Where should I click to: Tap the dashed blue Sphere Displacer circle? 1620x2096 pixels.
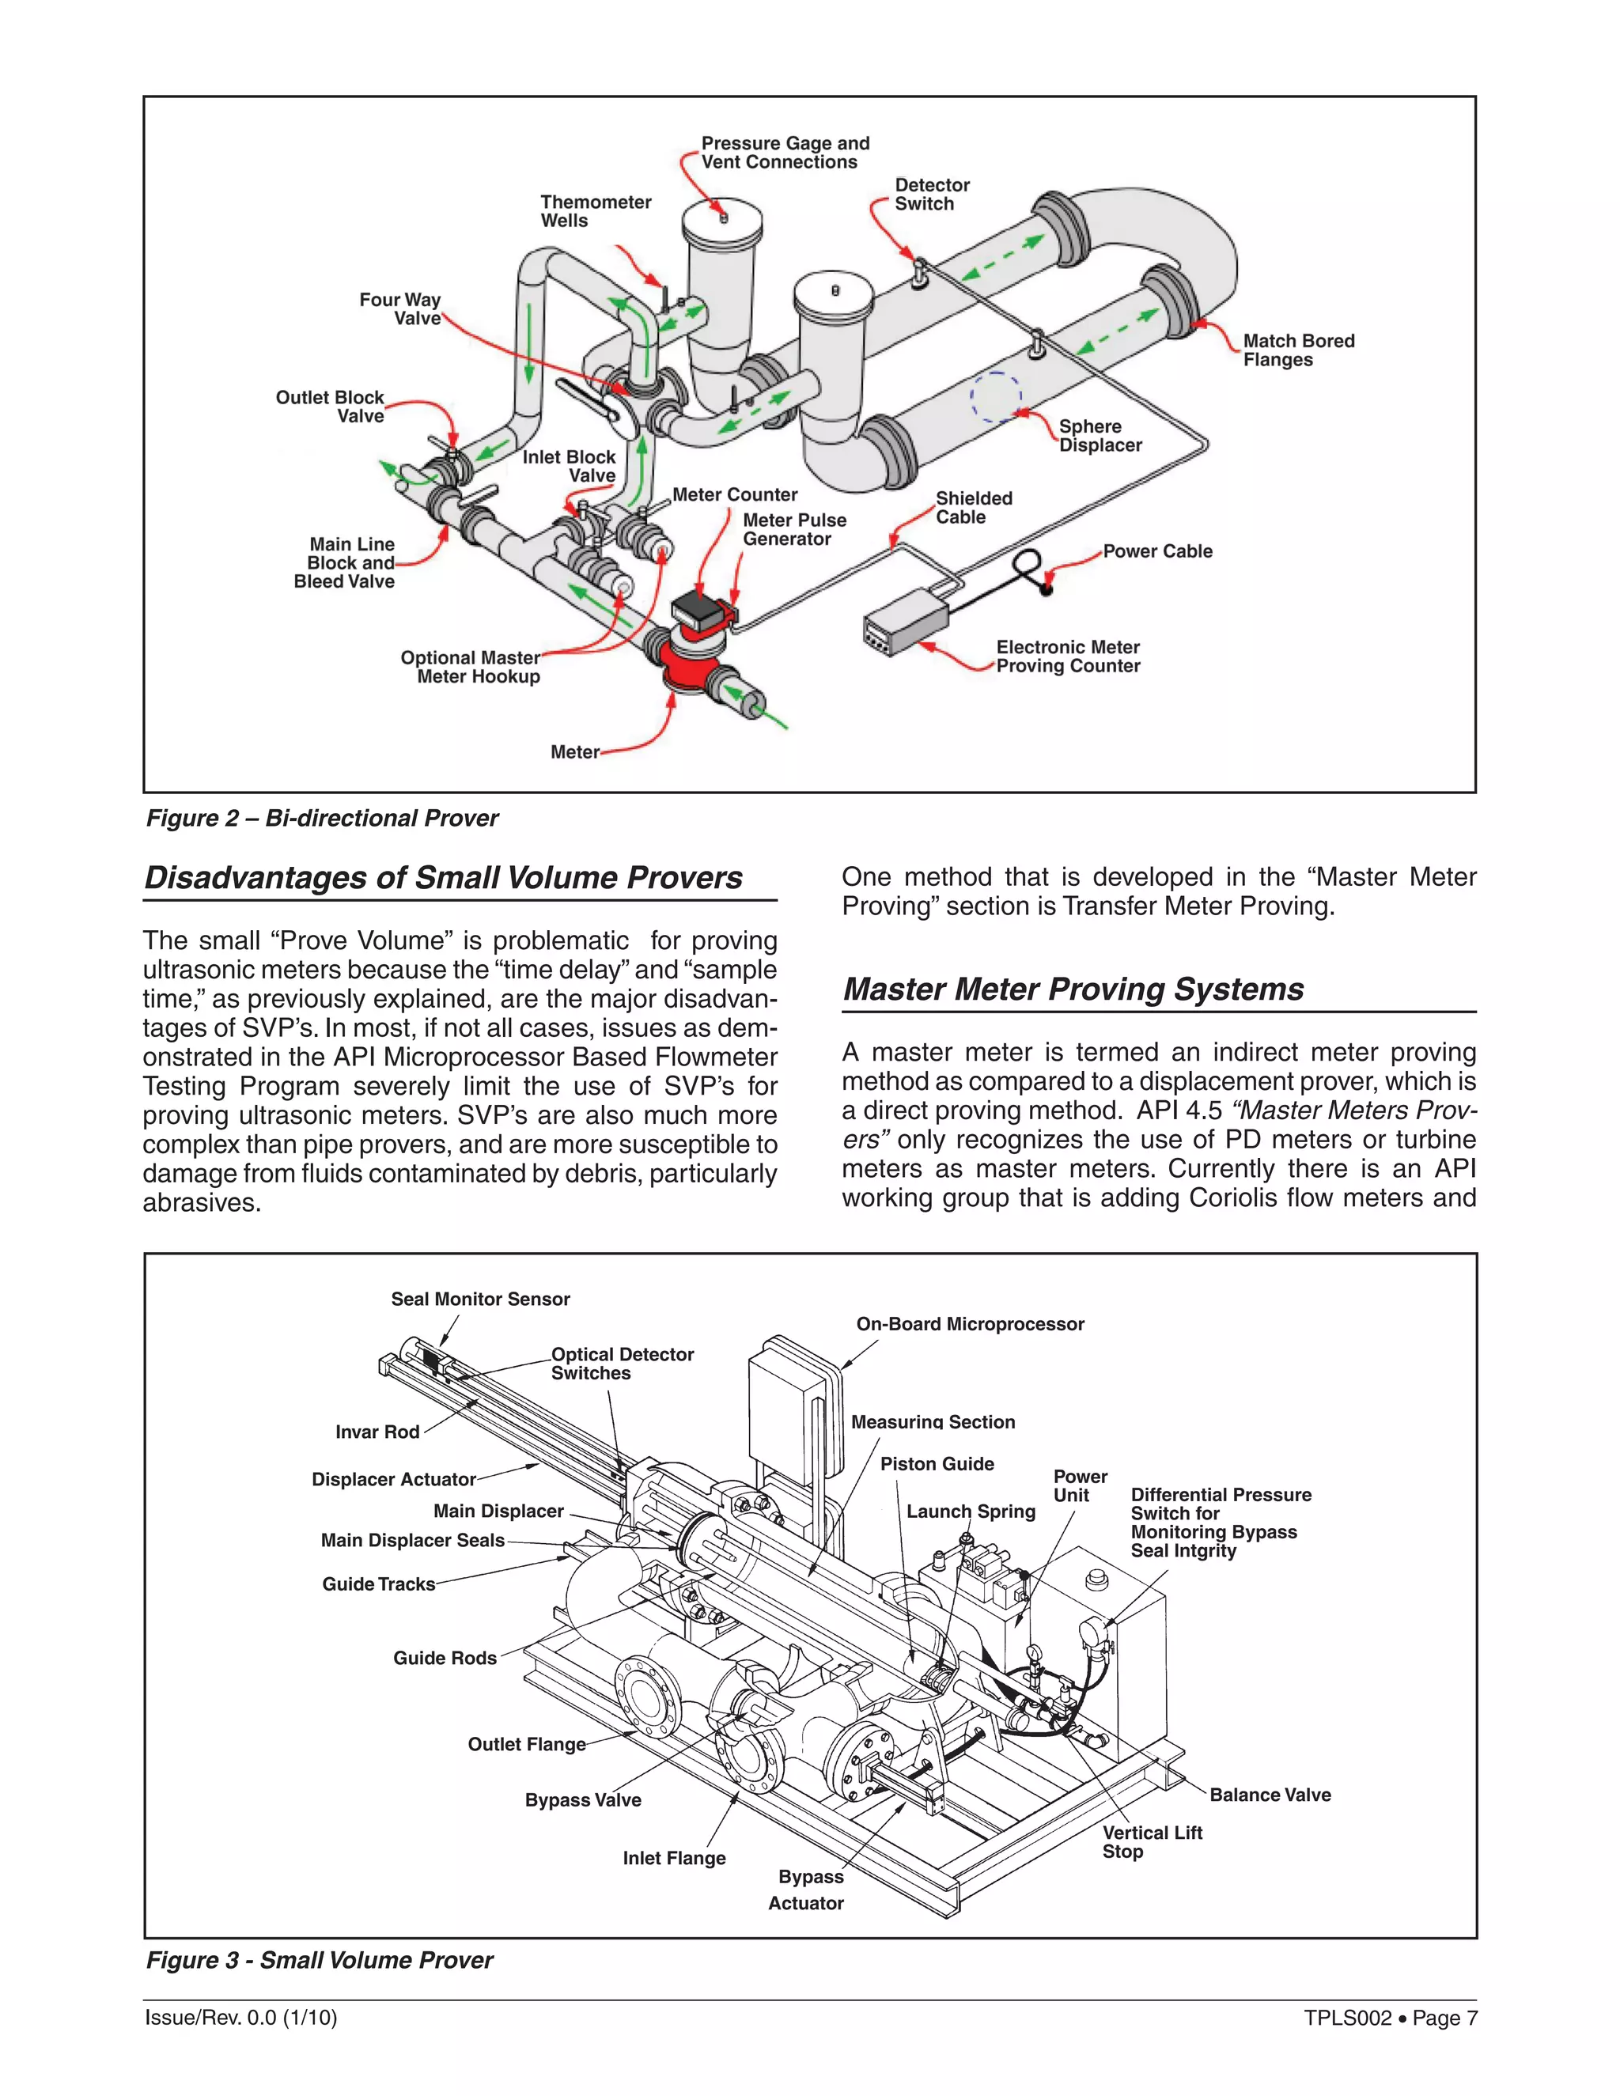[x=996, y=395]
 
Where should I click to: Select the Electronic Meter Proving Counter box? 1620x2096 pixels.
[x=903, y=622]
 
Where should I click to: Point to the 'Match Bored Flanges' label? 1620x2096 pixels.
[x=1297, y=350]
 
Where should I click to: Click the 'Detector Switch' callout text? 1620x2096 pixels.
[x=931, y=194]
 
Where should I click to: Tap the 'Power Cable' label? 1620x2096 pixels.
[x=1156, y=550]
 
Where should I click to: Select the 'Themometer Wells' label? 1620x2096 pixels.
[x=595, y=211]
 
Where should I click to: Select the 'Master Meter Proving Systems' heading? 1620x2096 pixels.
[x=1072, y=989]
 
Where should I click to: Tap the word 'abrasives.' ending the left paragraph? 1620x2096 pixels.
[x=202, y=1202]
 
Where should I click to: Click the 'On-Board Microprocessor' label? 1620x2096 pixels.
[x=969, y=1323]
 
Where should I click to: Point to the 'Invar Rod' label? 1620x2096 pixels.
[x=377, y=1431]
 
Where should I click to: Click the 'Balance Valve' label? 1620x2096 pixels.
[x=1269, y=1794]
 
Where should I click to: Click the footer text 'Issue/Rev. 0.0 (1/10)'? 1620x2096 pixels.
[x=241, y=2018]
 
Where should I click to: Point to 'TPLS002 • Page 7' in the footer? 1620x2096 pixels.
[x=1389, y=2018]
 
